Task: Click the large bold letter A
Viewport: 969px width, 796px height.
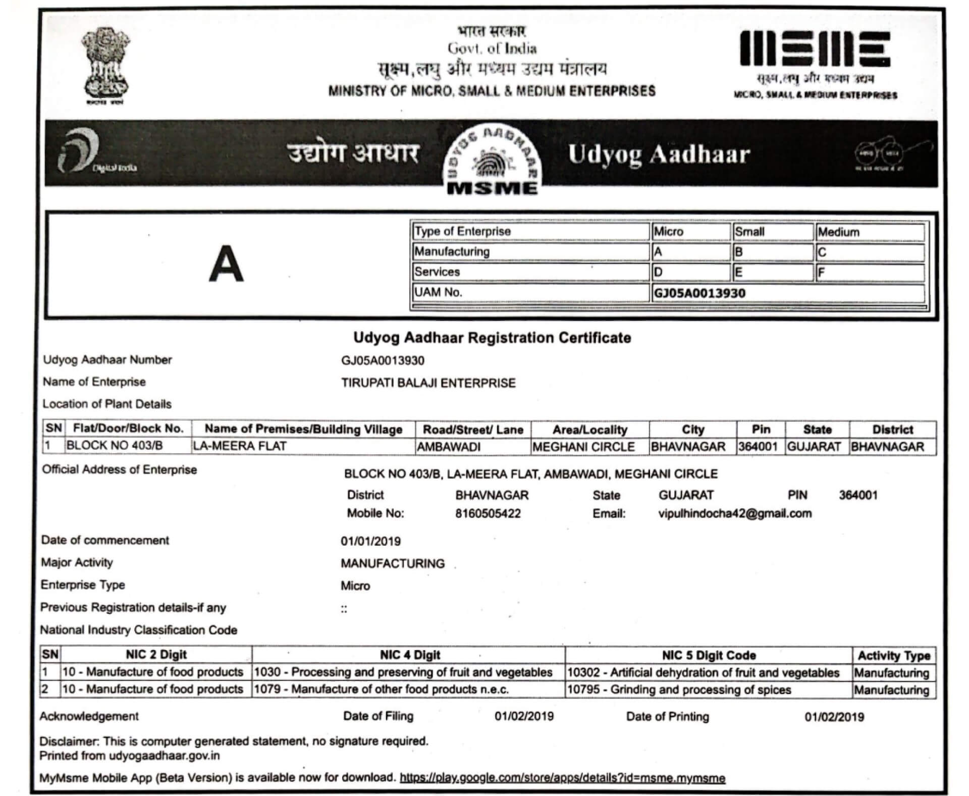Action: pyautogui.click(x=227, y=263)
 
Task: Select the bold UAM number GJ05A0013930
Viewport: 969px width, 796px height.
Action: pyautogui.click(x=699, y=293)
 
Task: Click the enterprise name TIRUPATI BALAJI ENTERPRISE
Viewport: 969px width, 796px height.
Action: pyautogui.click(x=428, y=383)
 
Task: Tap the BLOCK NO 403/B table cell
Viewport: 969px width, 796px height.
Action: pyautogui.click(x=115, y=446)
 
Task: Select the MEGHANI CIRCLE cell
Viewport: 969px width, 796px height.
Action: pyautogui.click(x=584, y=447)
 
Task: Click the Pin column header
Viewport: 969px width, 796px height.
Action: pyautogui.click(x=761, y=430)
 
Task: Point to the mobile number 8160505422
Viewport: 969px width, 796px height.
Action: pyautogui.click(x=488, y=514)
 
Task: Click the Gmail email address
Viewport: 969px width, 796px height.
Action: pyautogui.click(x=735, y=514)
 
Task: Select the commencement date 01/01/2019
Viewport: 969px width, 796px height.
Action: pyautogui.click(x=370, y=542)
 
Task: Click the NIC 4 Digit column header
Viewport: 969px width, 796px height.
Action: pyautogui.click(x=410, y=655)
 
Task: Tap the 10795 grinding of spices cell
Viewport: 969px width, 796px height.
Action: pyautogui.click(x=679, y=690)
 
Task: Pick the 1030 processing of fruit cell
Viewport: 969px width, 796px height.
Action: pyautogui.click(x=403, y=672)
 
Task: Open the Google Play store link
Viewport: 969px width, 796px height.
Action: pyautogui.click(x=562, y=778)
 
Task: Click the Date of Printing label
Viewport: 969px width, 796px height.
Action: pyautogui.click(x=667, y=717)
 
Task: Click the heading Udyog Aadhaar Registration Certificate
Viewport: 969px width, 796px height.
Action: pyautogui.click(x=492, y=338)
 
